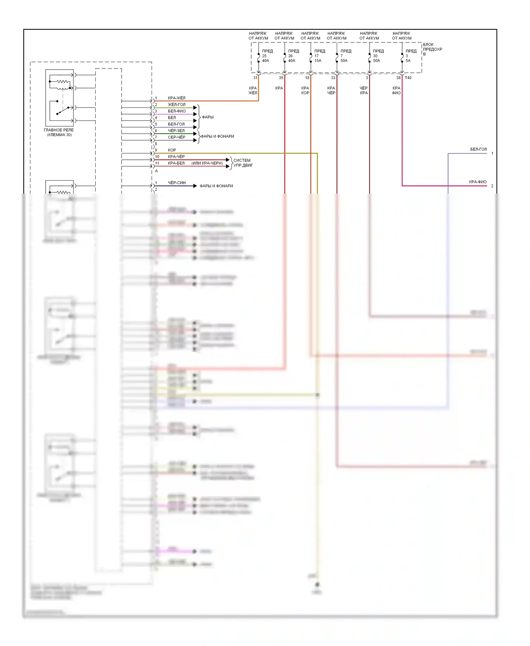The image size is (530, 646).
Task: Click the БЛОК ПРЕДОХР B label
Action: (x=432, y=49)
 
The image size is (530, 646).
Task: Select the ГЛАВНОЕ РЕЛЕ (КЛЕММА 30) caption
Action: (x=59, y=132)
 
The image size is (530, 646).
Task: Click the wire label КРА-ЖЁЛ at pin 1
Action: (x=176, y=98)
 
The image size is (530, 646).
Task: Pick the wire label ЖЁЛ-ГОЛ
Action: (x=176, y=105)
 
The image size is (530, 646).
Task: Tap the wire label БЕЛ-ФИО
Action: (x=176, y=111)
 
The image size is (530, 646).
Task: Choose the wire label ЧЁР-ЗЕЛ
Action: (x=176, y=131)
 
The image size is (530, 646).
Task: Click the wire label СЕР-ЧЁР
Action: (x=176, y=137)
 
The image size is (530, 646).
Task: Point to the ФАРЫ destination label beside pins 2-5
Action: (x=208, y=117)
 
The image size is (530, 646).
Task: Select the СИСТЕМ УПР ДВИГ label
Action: (x=243, y=163)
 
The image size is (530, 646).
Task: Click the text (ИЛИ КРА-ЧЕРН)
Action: (x=207, y=163)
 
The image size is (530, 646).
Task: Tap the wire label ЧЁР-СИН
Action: (x=176, y=183)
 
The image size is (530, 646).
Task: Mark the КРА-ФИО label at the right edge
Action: (x=478, y=182)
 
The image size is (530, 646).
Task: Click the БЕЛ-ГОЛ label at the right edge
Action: (x=478, y=149)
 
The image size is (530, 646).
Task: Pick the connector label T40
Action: (x=408, y=78)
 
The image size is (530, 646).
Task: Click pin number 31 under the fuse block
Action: (x=255, y=78)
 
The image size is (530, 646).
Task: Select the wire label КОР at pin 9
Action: (x=172, y=150)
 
